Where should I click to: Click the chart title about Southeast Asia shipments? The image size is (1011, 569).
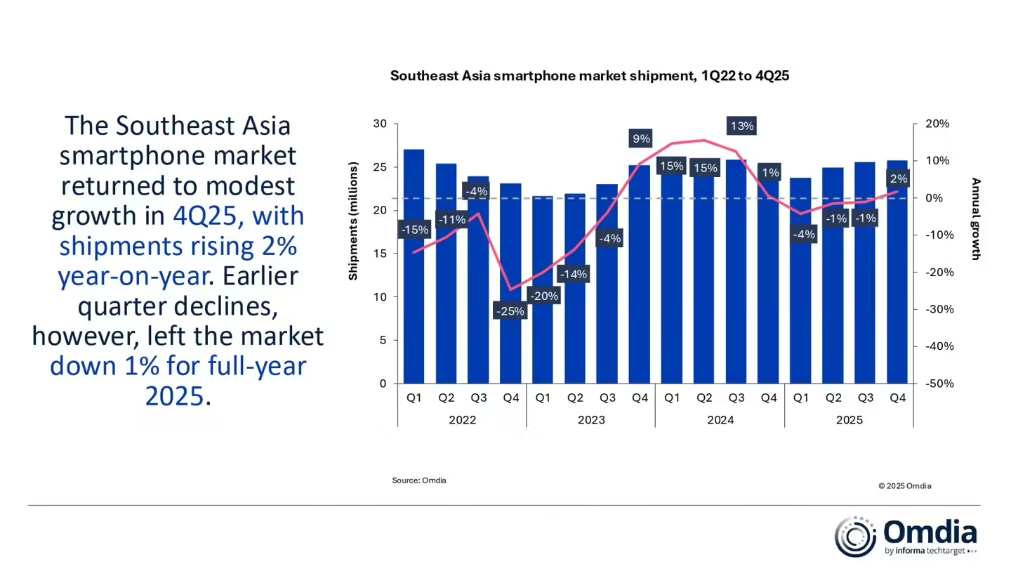[x=590, y=76]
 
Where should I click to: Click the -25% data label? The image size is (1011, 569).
[x=510, y=310]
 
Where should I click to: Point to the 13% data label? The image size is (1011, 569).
[x=741, y=126]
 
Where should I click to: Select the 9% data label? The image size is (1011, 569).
[x=641, y=138]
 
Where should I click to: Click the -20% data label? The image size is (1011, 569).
[x=543, y=296]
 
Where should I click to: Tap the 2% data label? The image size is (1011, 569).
[x=898, y=179]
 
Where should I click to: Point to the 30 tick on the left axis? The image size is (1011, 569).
[x=380, y=124]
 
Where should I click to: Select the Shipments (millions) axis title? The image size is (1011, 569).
[x=353, y=221]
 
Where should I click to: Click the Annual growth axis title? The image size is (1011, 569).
[x=975, y=218]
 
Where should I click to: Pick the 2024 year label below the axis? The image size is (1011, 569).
[x=720, y=420]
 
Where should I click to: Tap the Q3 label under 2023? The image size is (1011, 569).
[x=607, y=398]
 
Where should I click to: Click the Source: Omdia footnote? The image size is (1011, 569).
[x=419, y=480]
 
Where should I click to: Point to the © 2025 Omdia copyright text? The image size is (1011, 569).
[x=904, y=486]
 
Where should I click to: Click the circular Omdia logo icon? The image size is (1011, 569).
[x=854, y=537]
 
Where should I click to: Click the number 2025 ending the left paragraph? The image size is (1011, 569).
[x=175, y=396]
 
